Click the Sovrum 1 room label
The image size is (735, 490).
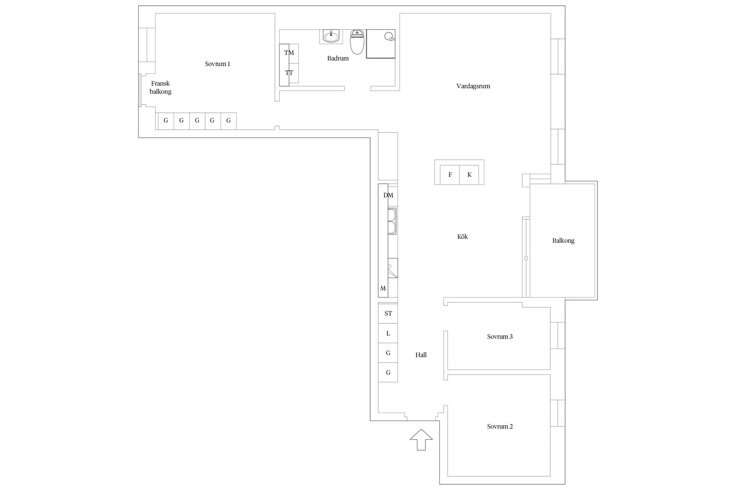click(x=217, y=64)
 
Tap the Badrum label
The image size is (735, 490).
click(x=338, y=58)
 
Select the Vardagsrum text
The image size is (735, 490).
click(x=473, y=86)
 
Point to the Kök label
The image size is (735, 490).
click(x=462, y=237)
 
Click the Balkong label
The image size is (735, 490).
click(x=563, y=240)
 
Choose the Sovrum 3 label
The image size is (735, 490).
click(x=500, y=336)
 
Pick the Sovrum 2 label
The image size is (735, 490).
click(x=500, y=426)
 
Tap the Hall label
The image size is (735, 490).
click(x=421, y=355)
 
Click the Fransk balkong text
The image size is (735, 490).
click(x=160, y=88)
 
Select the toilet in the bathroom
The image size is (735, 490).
click(x=357, y=43)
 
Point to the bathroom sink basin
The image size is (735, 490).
click(x=331, y=37)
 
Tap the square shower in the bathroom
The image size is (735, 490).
click(x=381, y=44)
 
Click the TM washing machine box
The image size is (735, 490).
click(x=289, y=53)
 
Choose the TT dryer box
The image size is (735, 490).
click(x=289, y=73)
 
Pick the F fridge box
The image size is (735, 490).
click(x=450, y=175)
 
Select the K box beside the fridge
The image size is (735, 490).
click(x=469, y=175)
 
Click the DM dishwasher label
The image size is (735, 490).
click(x=388, y=195)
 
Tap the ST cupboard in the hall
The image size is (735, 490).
click(x=388, y=314)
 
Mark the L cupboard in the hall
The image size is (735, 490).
click(x=388, y=333)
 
